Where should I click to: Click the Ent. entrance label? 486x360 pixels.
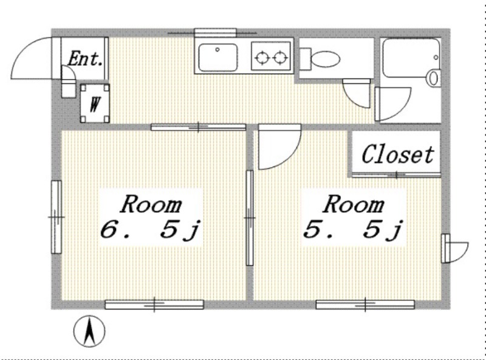85,58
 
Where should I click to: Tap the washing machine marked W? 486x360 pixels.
95,103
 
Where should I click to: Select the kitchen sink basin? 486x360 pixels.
218,57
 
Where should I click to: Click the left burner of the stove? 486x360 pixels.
262,58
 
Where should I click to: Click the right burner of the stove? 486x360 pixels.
280,58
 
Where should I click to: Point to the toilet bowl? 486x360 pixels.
325,58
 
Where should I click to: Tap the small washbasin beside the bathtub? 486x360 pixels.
433,78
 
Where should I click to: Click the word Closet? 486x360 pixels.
397,154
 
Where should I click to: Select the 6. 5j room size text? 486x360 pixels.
151,230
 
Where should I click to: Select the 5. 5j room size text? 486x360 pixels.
353,230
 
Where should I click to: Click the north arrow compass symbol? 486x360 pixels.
89,331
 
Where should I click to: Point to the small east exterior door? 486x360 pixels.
454,248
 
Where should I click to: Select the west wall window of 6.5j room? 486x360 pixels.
56,217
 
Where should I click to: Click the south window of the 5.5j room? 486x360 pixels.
365,305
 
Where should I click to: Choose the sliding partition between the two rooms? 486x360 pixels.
250,218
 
